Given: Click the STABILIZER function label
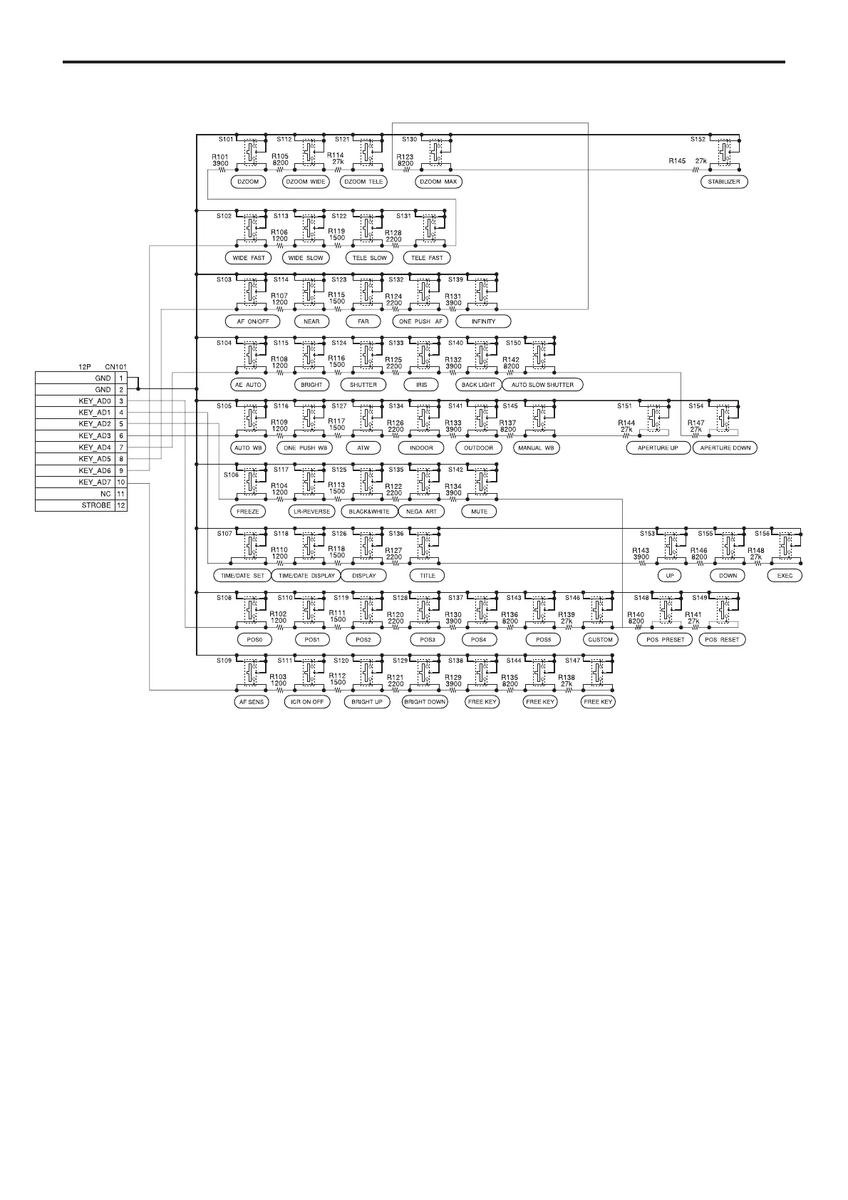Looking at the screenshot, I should click(724, 182).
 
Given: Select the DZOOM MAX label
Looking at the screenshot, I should click(438, 182).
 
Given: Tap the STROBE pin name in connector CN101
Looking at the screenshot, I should click(95, 505).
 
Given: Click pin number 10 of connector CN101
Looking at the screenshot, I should click(121, 482).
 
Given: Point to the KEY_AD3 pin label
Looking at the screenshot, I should click(94, 435).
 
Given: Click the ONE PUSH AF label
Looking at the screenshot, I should click(421, 321).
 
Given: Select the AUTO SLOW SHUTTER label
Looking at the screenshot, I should click(542, 385).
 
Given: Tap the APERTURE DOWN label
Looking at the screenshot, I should click(725, 448).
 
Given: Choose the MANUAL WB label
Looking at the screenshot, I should click(536, 448).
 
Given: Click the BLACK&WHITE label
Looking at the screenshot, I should click(368, 512).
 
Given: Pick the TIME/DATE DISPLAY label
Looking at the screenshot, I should click(306, 575).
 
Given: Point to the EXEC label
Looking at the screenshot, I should click(785, 575).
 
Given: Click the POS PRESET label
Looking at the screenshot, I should click(665, 640).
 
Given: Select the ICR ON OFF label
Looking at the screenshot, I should click(307, 702).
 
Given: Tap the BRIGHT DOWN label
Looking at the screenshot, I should click(425, 702).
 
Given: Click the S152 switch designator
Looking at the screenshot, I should click(698, 140).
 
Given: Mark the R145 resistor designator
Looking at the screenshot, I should click(677, 161).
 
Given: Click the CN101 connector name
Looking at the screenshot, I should click(115, 367).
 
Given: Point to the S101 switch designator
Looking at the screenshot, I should click(225, 140).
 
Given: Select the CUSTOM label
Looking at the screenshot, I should click(600, 640).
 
